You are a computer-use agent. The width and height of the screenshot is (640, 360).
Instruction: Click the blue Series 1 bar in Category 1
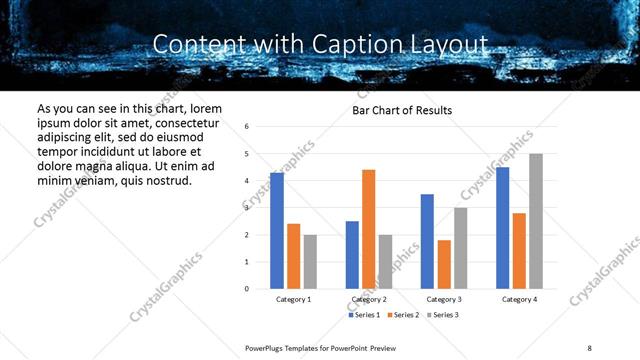pos(277,231)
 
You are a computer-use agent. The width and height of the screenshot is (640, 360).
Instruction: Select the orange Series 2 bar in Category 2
pos(368,229)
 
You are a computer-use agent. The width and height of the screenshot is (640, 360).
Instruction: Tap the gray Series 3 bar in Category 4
pos(536,221)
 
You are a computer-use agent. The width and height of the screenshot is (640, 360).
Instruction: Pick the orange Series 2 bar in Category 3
pos(444,264)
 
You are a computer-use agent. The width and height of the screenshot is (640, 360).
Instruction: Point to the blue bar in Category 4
pos(503,228)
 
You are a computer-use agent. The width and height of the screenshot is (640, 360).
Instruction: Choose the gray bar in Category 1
pos(310,262)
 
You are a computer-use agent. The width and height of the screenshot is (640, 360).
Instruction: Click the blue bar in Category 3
pos(427,241)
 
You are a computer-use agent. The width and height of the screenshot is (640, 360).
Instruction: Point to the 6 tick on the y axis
pos(247,127)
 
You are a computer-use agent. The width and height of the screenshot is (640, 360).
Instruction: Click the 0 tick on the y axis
pos(247,289)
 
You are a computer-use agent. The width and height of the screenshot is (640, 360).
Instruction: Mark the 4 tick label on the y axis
pos(247,181)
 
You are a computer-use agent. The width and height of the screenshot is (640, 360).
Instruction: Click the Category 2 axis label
pos(369,300)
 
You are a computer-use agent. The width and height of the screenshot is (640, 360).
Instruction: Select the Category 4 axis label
pos(519,300)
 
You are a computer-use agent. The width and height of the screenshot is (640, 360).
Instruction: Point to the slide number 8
pos(588,346)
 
